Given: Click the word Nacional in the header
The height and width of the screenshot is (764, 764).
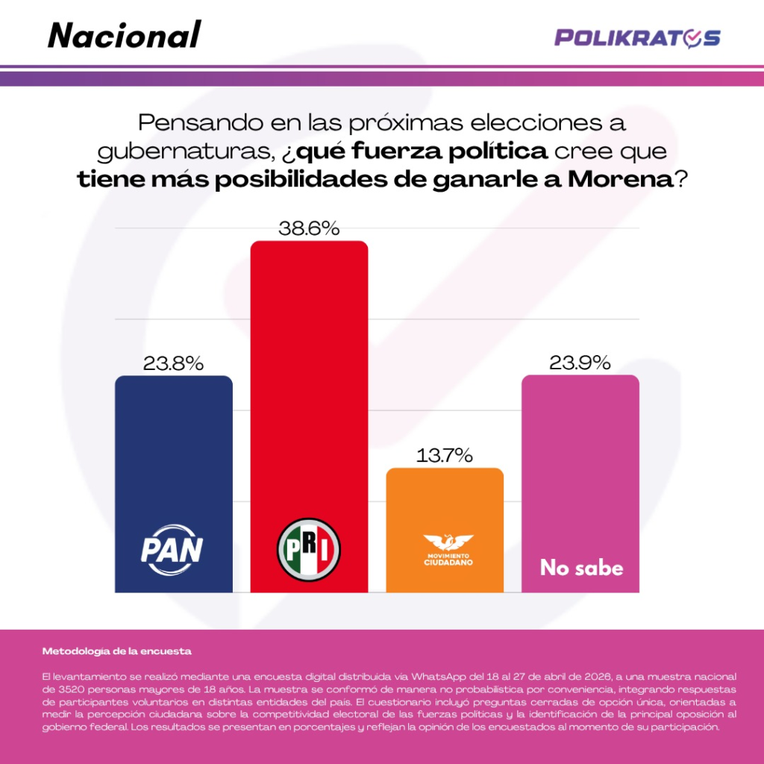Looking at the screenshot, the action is tap(125, 35).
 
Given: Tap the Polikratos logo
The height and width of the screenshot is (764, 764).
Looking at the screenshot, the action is tap(637, 39).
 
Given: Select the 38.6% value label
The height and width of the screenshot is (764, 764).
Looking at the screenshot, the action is tap(309, 228).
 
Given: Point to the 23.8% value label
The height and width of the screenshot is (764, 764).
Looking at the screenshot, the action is tap(173, 363).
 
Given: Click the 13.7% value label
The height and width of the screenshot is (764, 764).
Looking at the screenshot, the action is tap(445, 456).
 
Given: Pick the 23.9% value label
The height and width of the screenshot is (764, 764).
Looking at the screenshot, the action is tap(580, 363).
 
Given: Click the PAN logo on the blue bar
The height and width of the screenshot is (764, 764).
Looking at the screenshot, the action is tap(172, 550).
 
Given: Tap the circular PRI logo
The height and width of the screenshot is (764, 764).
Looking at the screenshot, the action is tap(309, 550).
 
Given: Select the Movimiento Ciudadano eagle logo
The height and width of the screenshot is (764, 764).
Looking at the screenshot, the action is tap(448, 550).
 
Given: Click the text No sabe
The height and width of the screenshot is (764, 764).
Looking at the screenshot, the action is tap(582, 568).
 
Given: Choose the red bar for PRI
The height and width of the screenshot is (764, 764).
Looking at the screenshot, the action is tap(309, 416).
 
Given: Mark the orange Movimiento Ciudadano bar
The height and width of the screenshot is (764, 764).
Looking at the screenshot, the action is tap(445, 530).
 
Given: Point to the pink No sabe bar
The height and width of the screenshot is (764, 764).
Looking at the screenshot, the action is tap(580, 483).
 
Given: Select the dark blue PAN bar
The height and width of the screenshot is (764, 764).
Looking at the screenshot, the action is tap(173, 484).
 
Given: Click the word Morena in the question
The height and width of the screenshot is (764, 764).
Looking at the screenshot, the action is tap(620, 180).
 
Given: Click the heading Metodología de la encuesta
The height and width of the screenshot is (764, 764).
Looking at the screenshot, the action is tap(117, 651).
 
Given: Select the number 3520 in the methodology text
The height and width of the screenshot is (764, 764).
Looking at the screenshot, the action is tap(71, 689).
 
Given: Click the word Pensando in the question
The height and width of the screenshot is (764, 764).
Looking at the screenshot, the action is tap(201, 123).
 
